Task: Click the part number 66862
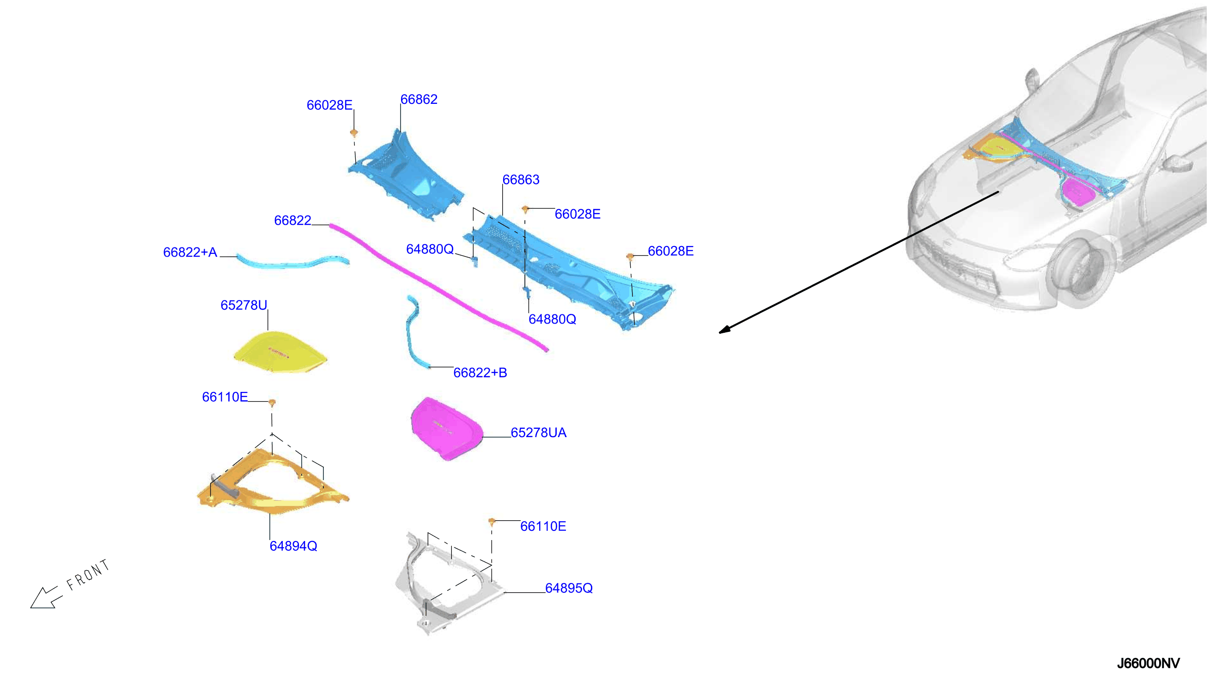pos(419,99)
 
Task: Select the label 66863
pos(521,179)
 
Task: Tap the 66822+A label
pos(190,252)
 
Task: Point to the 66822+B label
pos(480,373)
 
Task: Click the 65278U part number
pos(244,305)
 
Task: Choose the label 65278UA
pos(539,433)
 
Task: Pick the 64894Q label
pos(293,546)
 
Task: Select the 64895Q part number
pos(569,588)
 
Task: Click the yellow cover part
pos(280,352)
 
